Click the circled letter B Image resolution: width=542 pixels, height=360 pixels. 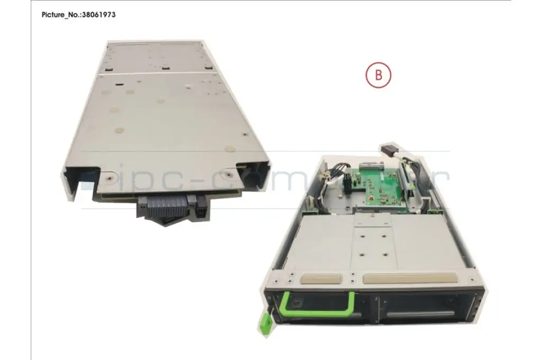point(378,75)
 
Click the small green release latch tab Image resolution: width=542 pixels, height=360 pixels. point(265,325)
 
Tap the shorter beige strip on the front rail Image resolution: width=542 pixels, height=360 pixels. point(321,278)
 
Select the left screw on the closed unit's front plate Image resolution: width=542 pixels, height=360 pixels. point(110,178)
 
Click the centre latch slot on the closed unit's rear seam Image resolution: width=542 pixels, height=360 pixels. point(166,68)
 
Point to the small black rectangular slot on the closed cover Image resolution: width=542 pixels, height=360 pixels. point(119,84)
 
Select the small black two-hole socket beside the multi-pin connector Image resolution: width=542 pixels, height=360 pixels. point(201,211)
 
